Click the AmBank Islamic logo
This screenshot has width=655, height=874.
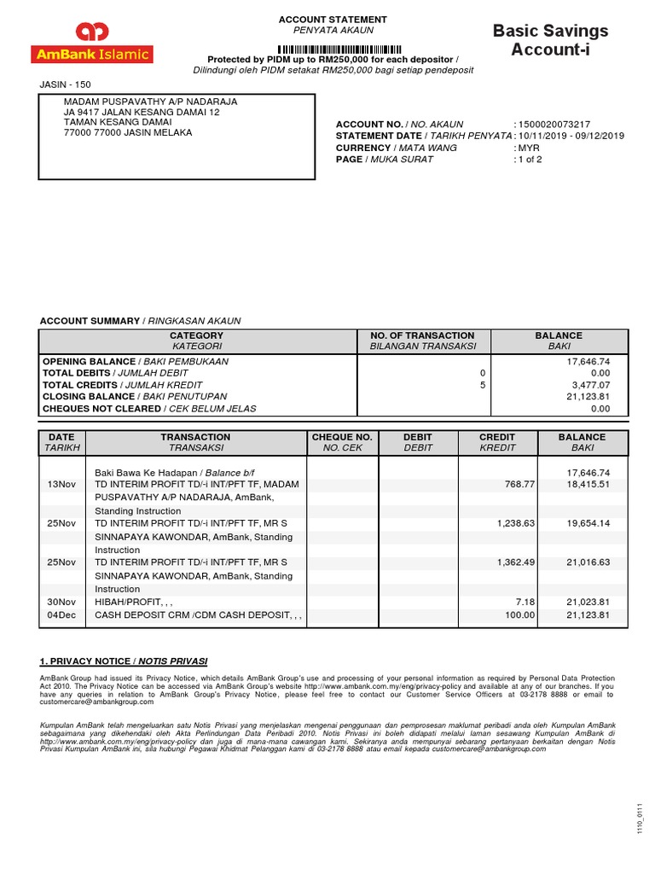91,44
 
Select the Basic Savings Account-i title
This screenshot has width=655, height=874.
551,40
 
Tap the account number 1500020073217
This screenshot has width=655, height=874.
554,125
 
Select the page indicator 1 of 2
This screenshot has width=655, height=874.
530,160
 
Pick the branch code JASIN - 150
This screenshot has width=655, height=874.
66,84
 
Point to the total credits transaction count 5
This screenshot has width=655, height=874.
482,385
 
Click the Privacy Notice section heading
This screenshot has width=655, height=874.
124,661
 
